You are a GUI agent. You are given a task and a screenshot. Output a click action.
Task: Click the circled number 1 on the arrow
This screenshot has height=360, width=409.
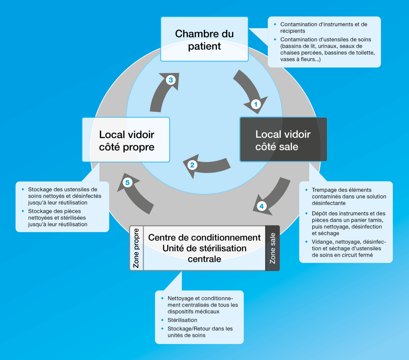click(256, 104)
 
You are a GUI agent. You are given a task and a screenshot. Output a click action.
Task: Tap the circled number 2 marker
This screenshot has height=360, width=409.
click(192, 165)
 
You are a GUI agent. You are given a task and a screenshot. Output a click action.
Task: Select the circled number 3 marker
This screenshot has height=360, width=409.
click(171, 80)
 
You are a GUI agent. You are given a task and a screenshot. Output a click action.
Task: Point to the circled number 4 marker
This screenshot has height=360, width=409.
click(261, 206)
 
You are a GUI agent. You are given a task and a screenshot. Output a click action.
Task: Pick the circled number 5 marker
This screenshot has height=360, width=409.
click(127, 182)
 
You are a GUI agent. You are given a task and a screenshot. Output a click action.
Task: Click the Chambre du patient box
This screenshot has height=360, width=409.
click(204, 39)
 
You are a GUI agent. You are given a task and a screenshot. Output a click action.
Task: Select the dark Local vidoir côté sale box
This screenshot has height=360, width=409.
click(283, 140)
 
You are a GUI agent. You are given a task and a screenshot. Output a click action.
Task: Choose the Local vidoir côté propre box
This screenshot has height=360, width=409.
click(126, 140)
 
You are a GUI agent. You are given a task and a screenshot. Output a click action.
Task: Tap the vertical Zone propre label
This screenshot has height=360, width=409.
click(136, 248)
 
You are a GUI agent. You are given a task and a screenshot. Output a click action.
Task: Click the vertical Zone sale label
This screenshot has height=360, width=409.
click(273, 248)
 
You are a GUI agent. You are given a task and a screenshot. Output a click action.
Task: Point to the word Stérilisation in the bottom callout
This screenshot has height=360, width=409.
click(182, 320)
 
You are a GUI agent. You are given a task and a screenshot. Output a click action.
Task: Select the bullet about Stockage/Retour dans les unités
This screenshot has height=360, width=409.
click(200, 332)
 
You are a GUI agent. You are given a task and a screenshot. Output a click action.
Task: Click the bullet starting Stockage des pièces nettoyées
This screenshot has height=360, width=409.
click(57, 218)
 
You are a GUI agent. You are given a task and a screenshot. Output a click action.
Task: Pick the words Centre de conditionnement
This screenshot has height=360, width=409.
click(204, 238)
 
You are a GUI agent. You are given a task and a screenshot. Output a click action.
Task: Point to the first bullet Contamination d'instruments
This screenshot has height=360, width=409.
click(323, 28)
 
